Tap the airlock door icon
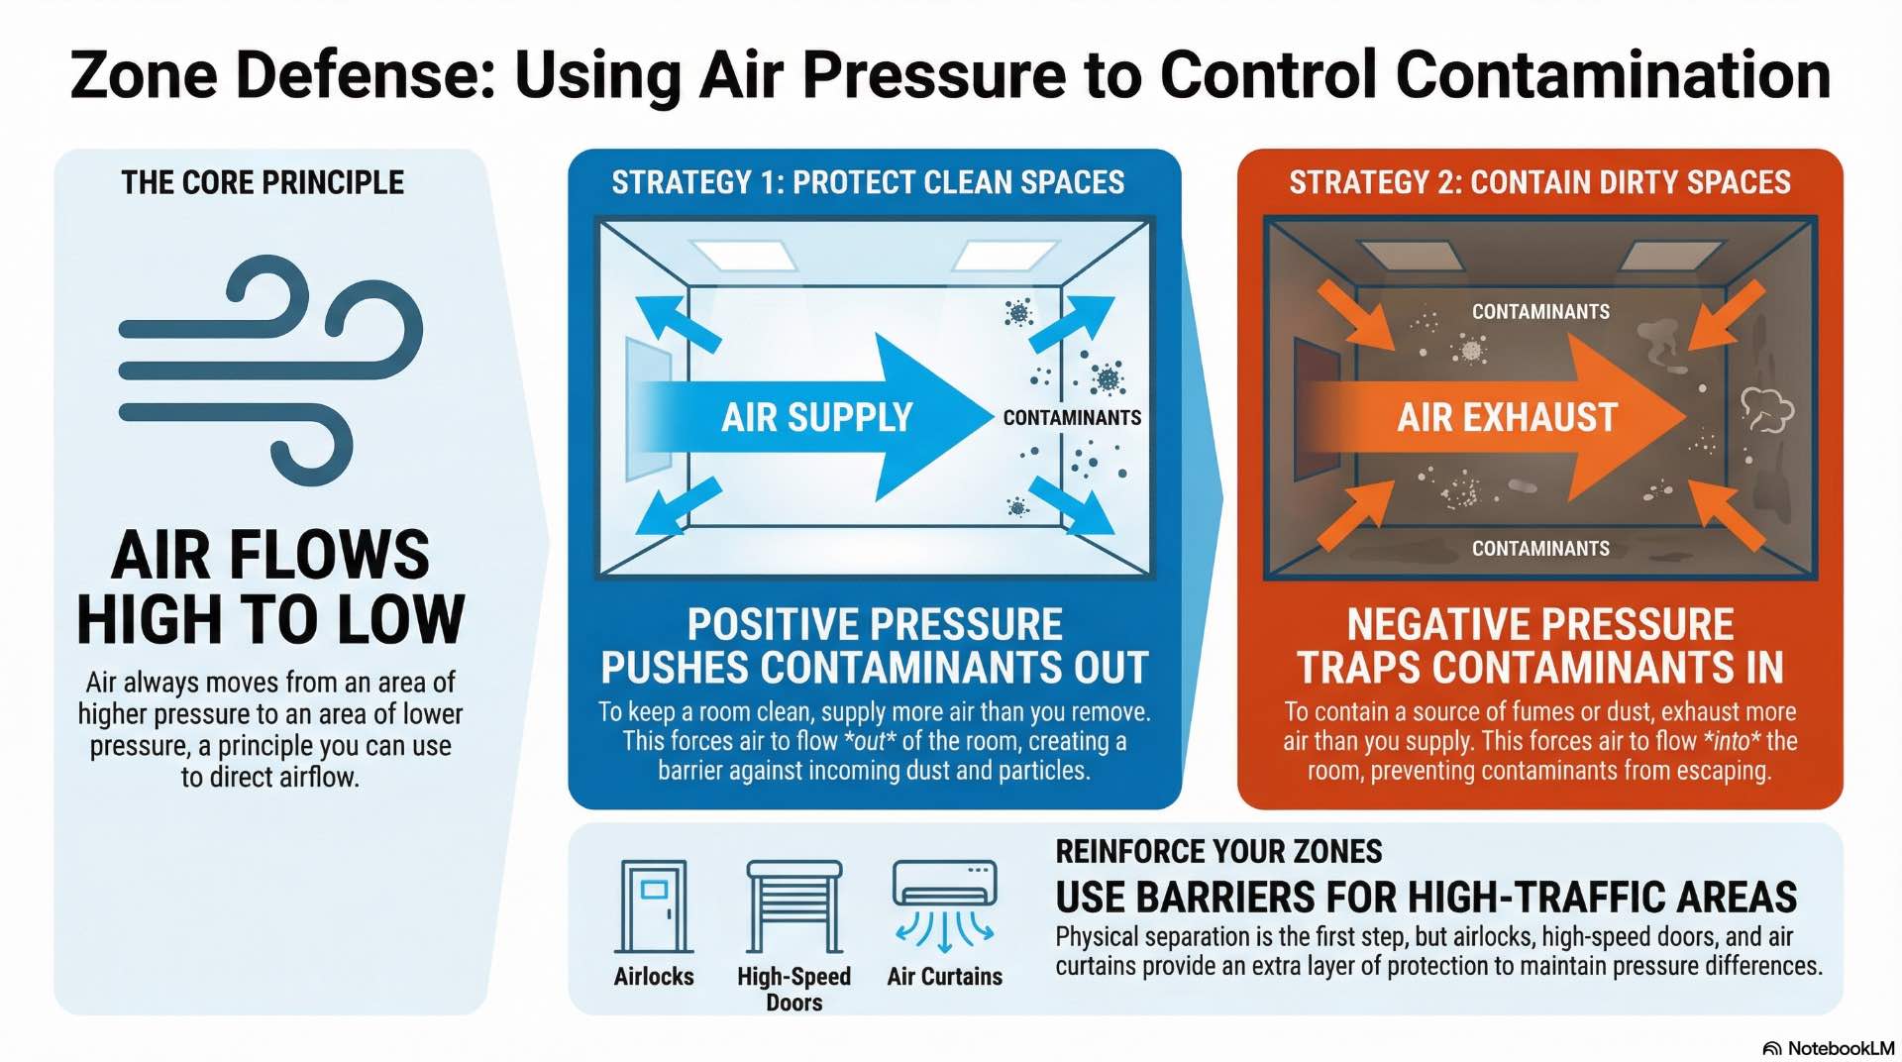(x=654, y=906)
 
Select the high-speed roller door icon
(x=793, y=906)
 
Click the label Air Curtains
(x=944, y=977)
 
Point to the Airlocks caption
(x=654, y=977)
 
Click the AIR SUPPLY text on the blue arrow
(x=816, y=418)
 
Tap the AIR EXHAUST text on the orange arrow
(x=1507, y=418)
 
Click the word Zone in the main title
(x=144, y=75)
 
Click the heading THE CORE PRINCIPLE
(x=263, y=183)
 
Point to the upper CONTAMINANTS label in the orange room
(x=1540, y=312)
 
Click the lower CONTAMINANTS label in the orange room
(x=1540, y=549)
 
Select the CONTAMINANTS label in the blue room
(x=1072, y=418)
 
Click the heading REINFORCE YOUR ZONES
(x=1218, y=852)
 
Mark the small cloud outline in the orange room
(x=1766, y=410)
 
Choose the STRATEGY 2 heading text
(x=1539, y=183)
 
